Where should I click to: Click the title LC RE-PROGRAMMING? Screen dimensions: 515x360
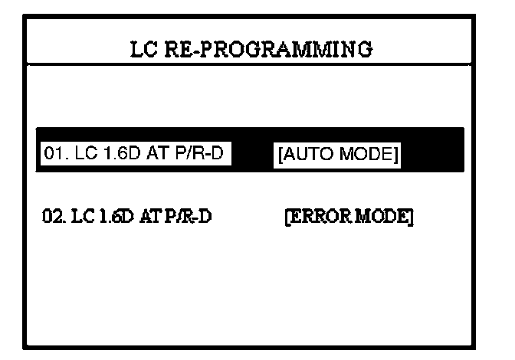[x=252, y=50]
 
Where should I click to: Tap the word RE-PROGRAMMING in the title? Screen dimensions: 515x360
[x=267, y=50]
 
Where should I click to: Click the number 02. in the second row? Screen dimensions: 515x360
[x=52, y=218]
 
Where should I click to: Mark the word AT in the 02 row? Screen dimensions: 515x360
[x=145, y=218]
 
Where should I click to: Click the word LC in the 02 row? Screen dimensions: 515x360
[x=79, y=218]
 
